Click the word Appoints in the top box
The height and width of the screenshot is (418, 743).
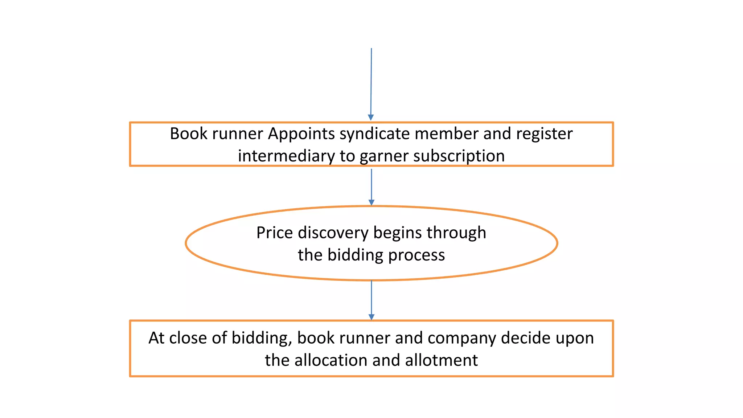tap(301, 134)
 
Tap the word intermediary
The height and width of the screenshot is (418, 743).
tap(286, 156)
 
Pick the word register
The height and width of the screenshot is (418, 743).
tap(544, 134)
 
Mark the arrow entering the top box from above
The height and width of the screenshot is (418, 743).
tap(371, 84)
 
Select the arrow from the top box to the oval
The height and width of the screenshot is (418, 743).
tap(371, 187)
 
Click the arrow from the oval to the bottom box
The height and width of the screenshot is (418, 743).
tap(371, 300)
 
